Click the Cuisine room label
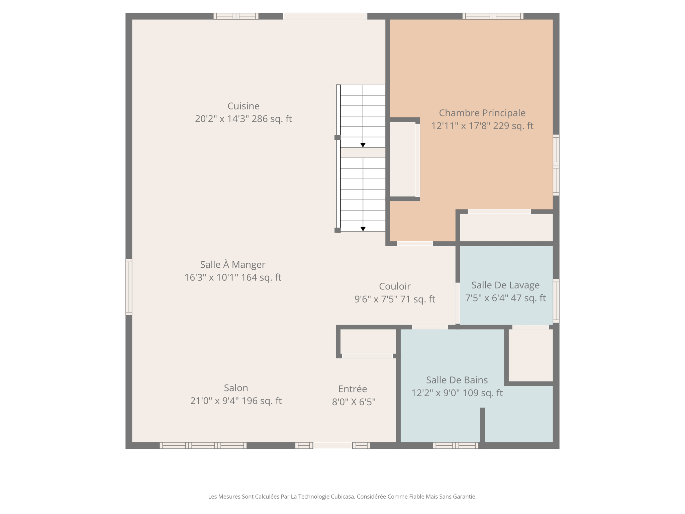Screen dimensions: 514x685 (243, 106)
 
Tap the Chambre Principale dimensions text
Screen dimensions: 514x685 (482, 126)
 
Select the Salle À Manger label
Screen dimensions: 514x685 (232, 265)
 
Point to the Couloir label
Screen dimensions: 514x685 (395, 286)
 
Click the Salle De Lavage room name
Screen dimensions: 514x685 (505, 285)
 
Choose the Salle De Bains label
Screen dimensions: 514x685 (457, 380)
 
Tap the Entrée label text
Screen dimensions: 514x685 (353, 389)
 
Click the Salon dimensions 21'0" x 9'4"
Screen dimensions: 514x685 (236, 401)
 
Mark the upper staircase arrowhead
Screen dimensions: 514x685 (363, 145)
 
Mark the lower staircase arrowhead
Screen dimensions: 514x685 (363, 229)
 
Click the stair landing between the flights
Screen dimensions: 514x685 (363, 153)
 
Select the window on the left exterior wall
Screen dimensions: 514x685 (129, 287)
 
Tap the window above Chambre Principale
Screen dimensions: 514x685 (493, 16)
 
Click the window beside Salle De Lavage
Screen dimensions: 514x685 (556, 301)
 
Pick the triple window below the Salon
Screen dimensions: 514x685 (203, 445)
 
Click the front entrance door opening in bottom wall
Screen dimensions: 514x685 (332, 445)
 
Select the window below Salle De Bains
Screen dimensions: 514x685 (456, 445)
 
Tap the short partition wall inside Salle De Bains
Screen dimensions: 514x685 (482, 425)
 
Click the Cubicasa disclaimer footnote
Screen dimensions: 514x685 (342, 497)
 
